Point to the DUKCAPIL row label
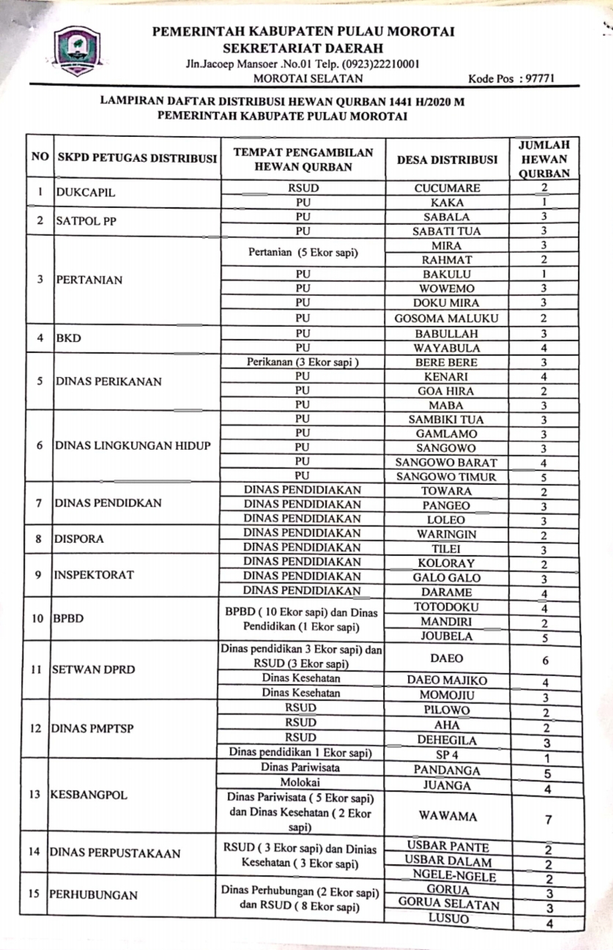tap(86, 194)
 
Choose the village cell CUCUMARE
tap(447, 188)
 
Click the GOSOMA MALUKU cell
tap(447, 318)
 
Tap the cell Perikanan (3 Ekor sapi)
tap(302, 362)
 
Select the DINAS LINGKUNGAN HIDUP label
tap(133, 446)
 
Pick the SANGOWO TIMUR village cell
tap(447, 477)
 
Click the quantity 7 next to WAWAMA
tap(548, 820)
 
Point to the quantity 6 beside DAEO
tap(546, 660)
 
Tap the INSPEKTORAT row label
tap(93, 575)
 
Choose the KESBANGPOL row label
tap(88, 795)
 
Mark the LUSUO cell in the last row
tap(447, 920)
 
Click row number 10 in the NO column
tap(37, 618)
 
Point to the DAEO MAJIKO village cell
tap(447, 680)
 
